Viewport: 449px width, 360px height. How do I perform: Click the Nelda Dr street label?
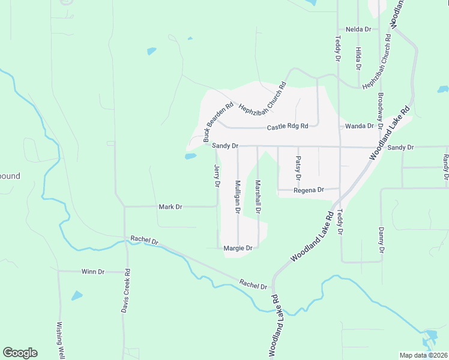(x=358, y=29)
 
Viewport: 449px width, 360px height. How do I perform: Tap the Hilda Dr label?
(x=358, y=59)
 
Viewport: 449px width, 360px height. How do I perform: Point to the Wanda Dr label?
(x=360, y=127)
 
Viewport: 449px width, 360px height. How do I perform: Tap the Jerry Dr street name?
(x=217, y=175)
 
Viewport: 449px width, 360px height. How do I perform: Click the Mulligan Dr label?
(x=238, y=197)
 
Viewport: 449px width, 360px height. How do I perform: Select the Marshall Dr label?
(x=258, y=197)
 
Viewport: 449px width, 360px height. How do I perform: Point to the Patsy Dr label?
(x=298, y=169)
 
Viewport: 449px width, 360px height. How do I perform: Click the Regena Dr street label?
(x=309, y=190)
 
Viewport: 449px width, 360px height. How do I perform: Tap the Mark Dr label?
(x=170, y=207)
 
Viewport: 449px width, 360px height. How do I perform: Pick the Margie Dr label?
(x=238, y=247)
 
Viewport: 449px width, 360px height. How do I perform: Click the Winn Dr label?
(x=92, y=272)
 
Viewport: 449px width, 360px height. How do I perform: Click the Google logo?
(x=20, y=353)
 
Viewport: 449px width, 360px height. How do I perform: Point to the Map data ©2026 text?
(x=423, y=355)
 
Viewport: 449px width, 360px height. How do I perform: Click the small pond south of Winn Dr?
(x=77, y=296)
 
